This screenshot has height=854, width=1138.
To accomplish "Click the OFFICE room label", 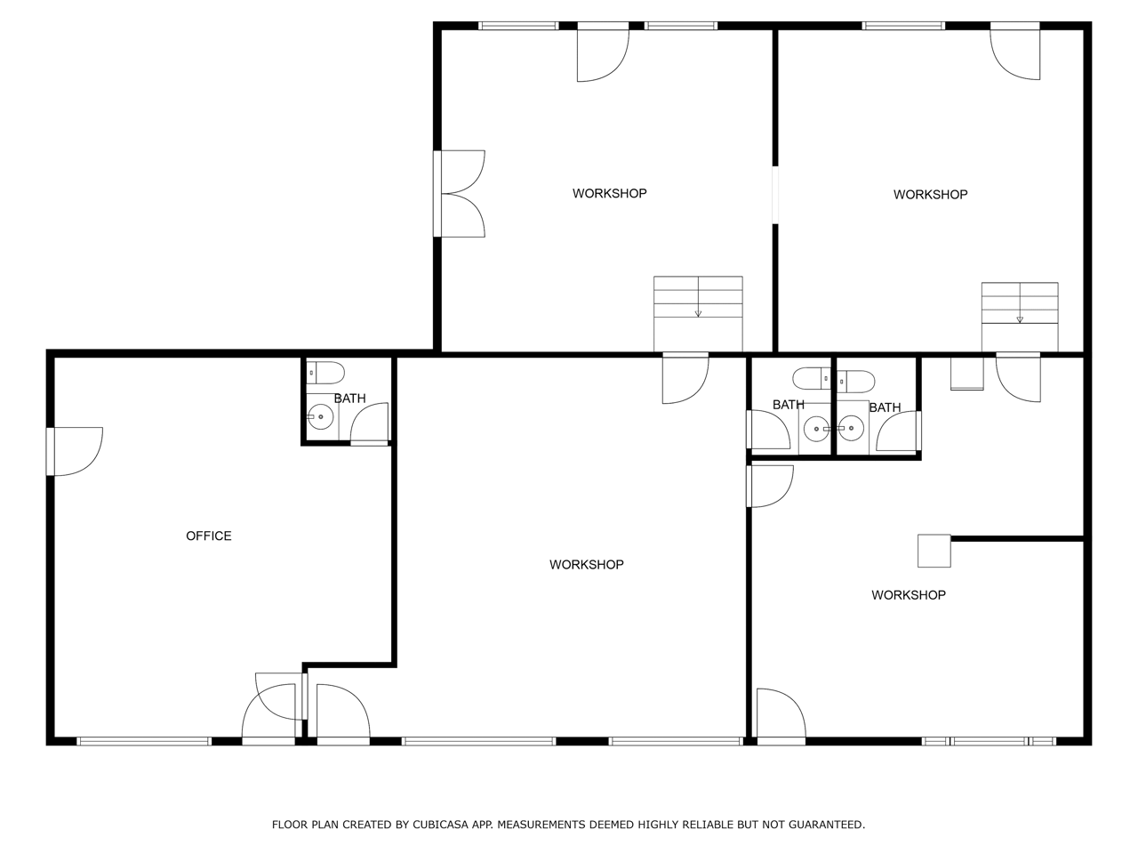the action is click(x=208, y=536).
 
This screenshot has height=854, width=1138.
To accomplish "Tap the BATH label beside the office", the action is click(x=349, y=399).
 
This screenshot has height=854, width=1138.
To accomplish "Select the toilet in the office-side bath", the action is click(x=325, y=373).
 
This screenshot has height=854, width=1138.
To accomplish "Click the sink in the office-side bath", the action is click(x=320, y=416).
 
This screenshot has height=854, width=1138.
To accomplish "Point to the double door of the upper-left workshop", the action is click(x=460, y=194).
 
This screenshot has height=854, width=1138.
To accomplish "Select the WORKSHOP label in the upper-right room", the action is click(x=930, y=195).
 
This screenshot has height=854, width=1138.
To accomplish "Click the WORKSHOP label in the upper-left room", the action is click(x=609, y=193).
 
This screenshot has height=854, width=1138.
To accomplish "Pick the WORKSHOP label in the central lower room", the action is click(x=587, y=565).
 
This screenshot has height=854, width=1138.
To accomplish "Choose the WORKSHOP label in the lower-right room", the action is click(x=909, y=595).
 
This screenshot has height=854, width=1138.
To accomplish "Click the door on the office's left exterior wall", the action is click(x=75, y=451).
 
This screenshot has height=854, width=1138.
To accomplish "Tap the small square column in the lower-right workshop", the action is click(x=934, y=551).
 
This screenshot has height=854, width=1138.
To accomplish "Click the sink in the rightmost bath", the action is click(x=850, y=428).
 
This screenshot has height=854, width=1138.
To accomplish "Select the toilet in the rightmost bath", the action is click(x=856, y=382).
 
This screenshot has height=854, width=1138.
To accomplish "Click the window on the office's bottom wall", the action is click(x=144, y=742).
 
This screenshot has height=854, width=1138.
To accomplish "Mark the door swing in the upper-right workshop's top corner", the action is click(x=1014, y=51).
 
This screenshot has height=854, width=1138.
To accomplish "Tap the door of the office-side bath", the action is click(x=370, y=424).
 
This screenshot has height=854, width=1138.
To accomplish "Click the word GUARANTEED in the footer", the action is click(x=827, y=825).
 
